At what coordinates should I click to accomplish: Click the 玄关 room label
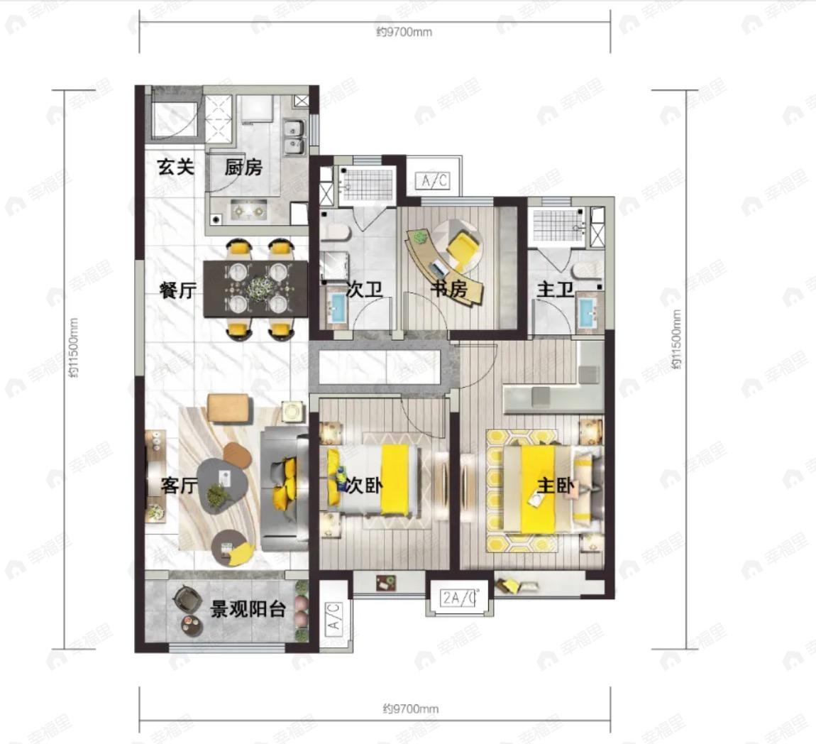click(x=176, y=167)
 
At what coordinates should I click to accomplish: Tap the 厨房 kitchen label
click(x=243, y=167)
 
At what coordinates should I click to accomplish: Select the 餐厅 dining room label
click(x=179, y=290)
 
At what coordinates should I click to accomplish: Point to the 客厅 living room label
click(x=180, y=486)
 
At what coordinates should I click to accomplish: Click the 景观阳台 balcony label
click(x=248, y=608)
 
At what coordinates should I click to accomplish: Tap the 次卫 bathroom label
click(x=364, y=290)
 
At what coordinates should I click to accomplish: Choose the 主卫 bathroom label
click(x=556, y=288)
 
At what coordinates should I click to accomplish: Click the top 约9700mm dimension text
click(x=404, y=32)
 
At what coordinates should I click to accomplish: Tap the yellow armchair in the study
click(x=463, y=246)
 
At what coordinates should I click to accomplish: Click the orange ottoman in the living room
click(x=228, y=409)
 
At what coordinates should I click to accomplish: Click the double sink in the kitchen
click(x=294, y=137)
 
